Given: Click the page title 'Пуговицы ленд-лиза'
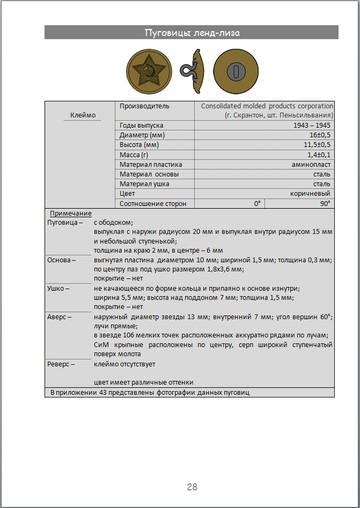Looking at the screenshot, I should pos(179,34).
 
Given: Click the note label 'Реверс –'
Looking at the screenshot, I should pos(67,365).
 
